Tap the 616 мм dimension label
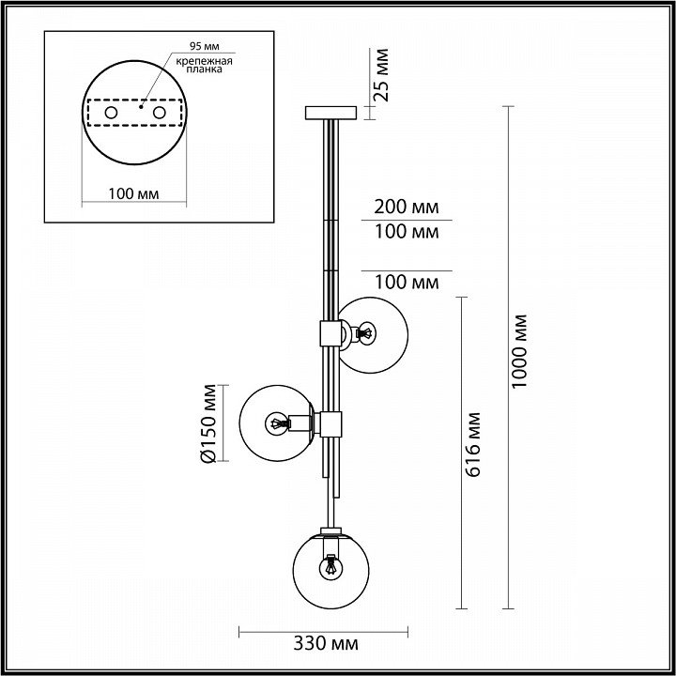click(473, 444)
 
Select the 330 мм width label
click(326, 644)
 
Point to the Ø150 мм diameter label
click(208, 423)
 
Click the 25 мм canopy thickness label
click(381, 75)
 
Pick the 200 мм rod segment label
click(407, 207)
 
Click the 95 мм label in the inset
click(205, 46)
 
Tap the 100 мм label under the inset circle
click(133, 194)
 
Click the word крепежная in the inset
click(205, 61)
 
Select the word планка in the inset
click(205, 69)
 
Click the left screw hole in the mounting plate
click(111, 113)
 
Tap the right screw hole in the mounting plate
click(159, 113)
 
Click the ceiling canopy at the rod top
click(330, 113)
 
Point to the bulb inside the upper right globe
click(367, 333)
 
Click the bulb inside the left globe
click(276, 423)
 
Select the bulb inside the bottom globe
click(330, 568)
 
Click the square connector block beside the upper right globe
click(330, 333)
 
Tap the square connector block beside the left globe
click(330, 423)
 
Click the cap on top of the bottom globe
click(330, 530)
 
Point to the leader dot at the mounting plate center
click(141, 106)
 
